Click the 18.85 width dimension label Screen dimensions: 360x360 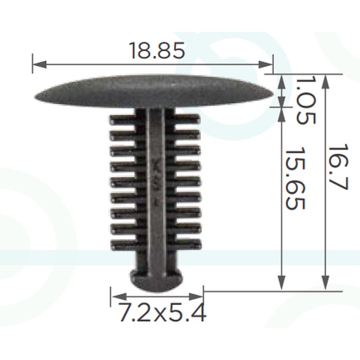[157, 50]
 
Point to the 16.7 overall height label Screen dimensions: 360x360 [338, 167]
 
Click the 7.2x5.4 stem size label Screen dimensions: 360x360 [162, 312]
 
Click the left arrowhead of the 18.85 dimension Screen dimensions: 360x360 [40, 64]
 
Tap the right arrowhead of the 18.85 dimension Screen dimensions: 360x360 [265, 64]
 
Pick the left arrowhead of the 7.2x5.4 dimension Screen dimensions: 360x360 [119, 297]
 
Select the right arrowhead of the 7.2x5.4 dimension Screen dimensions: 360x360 [196, 297]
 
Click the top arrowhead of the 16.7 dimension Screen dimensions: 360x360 [325, 82]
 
